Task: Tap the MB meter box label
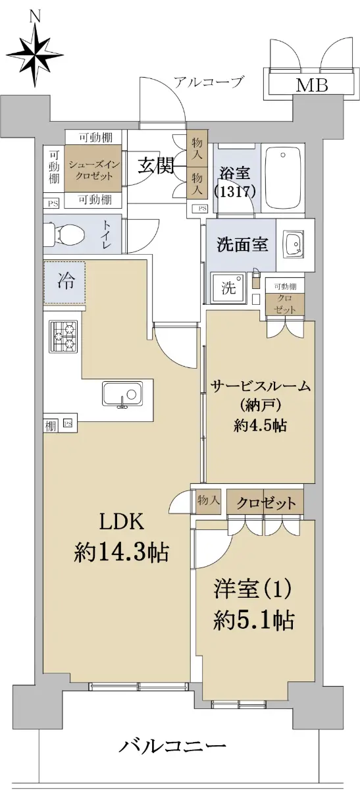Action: click(312, 85)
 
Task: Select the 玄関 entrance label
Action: click(155, 167)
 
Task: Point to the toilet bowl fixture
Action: click(65, 234)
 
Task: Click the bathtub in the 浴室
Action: click(283, 178)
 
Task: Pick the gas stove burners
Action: click(63, 336)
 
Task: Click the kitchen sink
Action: click(122, 394)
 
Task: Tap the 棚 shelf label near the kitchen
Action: click(51, 427)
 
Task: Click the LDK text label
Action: click(122, 523)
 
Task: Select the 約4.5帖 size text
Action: click(260, 426)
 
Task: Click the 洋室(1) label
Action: click(253, 589)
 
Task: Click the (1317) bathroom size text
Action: click(234, 192)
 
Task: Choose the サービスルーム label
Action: click(261, 386)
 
